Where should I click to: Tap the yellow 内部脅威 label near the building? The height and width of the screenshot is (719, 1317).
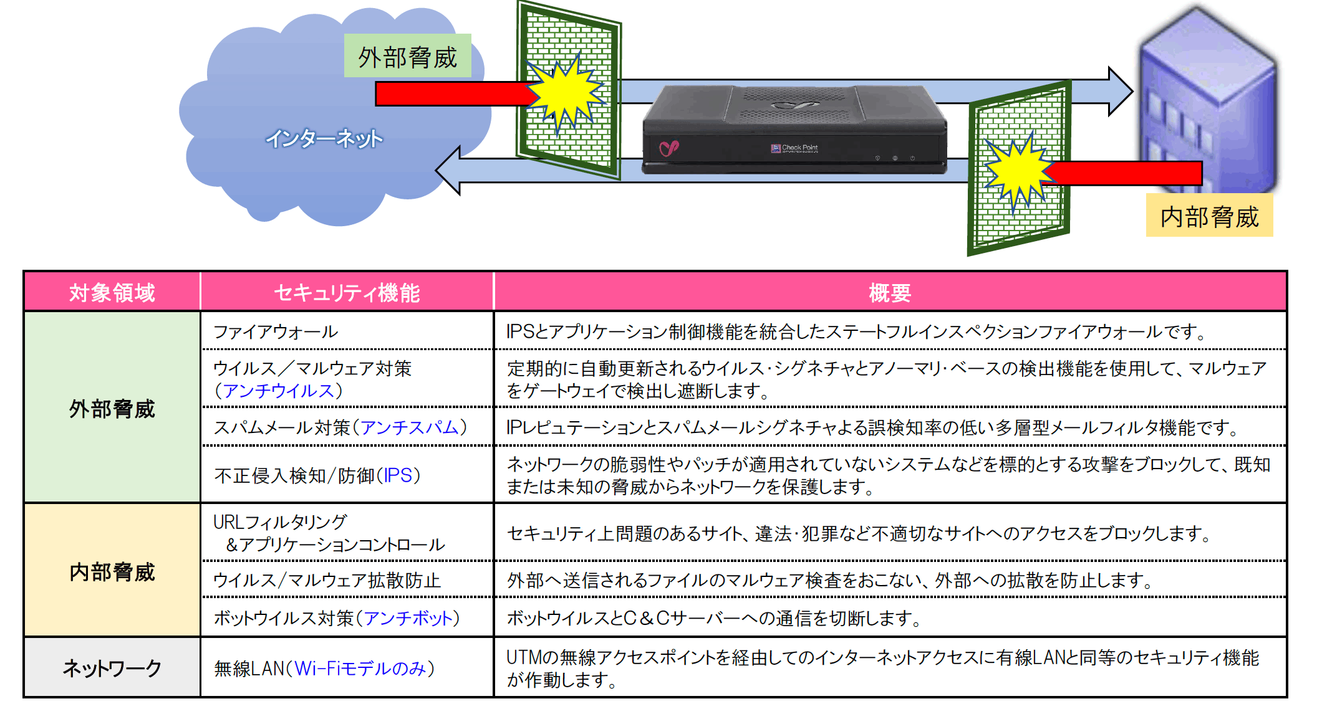coord(1209,216)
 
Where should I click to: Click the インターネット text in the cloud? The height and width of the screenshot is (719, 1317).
coord(324,138)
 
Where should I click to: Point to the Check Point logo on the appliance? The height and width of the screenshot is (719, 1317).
coord(794,148)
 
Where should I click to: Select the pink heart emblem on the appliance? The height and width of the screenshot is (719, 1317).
coord(669,148)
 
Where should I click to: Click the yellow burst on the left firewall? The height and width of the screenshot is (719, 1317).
coord(565,93)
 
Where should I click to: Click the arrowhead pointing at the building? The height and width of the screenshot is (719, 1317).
coord(1120,91)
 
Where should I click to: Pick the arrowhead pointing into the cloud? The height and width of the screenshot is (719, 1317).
coord(448,170)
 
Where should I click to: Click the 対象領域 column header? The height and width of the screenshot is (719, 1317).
coord(112,292)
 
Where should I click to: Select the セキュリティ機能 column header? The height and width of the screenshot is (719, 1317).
coord(347,292)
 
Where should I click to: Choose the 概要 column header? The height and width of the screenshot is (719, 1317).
coord(890,292)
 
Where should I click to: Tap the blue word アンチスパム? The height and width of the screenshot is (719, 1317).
coord(410,427)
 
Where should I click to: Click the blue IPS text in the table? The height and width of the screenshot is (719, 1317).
coord(398,475)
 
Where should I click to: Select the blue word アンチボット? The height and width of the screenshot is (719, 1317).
coord(408,618)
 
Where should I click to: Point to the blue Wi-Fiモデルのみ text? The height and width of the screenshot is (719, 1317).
coord(360,669)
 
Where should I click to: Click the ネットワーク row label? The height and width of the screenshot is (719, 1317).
coord(112,668)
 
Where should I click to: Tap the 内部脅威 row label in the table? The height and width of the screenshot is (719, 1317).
coord(112,571)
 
